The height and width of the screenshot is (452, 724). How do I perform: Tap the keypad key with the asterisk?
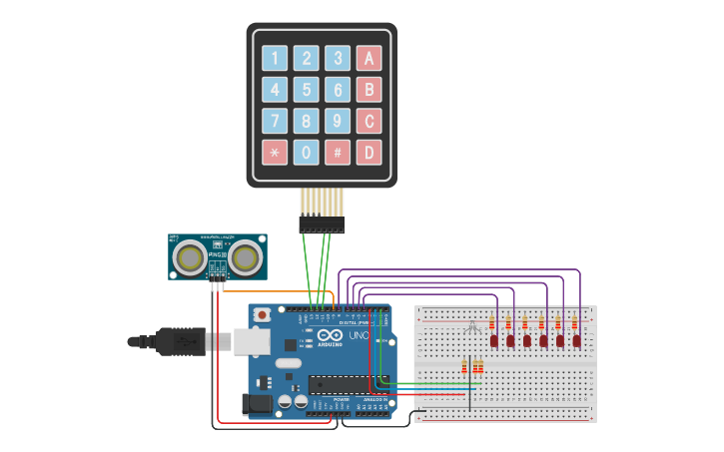click(x=275, y=153)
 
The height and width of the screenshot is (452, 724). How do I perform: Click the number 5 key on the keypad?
click(x=307, y=90)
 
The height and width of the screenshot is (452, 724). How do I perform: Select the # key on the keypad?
click(x=339, y=153)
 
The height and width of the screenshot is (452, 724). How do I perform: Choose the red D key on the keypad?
click(x=369, y=153)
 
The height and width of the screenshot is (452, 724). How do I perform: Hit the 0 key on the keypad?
click(x=307, y=153)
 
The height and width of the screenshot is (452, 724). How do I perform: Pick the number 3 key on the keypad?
click(x=339, y=58)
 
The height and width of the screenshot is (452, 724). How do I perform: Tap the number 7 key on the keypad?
click(x=275, y=122)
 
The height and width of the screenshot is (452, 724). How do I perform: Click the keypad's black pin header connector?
click(x=322, y=226)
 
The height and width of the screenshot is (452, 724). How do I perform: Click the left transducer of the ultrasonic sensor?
click(x=190, y=258)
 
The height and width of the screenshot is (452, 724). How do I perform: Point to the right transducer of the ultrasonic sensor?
click(x=246, y=258)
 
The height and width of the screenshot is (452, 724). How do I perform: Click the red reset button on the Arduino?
click(x=262, y=314)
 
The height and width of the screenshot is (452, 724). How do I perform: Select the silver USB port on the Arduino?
click(x=251, y=342)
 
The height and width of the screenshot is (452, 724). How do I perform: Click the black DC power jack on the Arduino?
click(x=257, y=404)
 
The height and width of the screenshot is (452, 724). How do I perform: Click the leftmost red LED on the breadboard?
click(x=494, y=341)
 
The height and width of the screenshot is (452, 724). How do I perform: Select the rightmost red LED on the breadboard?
click(x=576, y=341)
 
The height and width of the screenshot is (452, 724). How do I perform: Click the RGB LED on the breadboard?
click(x=472, y=326)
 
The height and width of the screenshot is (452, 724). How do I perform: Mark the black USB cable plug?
click(x=180, y=341)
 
